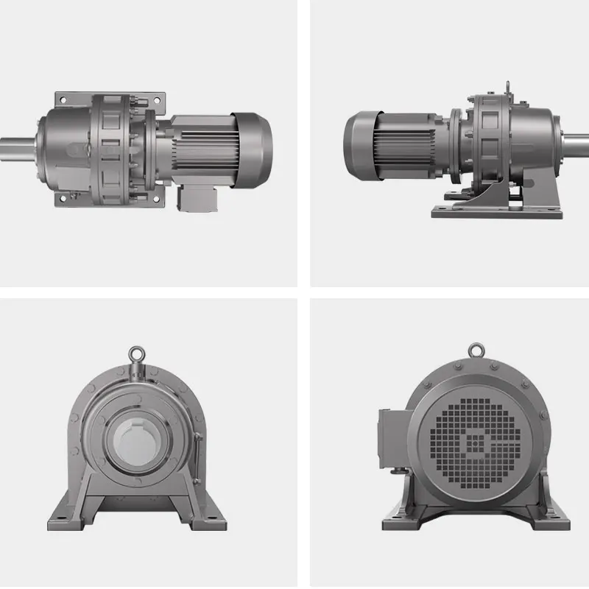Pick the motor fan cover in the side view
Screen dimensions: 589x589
tap(360, 144)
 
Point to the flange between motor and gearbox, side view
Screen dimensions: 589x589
tap(456, 144)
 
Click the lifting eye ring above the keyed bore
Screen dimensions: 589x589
tap(136, 354)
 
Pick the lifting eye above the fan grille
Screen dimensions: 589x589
tap(476, 350)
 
